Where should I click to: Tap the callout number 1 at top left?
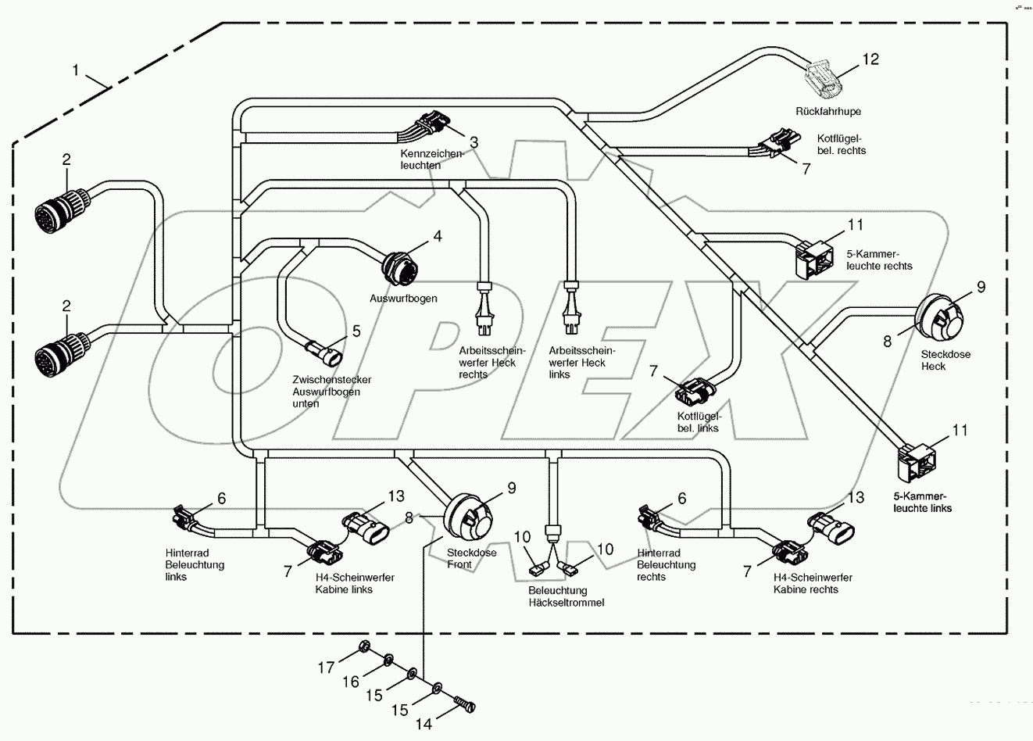click(x=76, y=71)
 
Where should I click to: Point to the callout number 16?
click(x=351, y=682)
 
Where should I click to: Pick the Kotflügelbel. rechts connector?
click(x=776, y=145)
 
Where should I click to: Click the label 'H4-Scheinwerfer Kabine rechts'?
click(x=813, y=583)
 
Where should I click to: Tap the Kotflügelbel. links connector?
click(x=698, y=388)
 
